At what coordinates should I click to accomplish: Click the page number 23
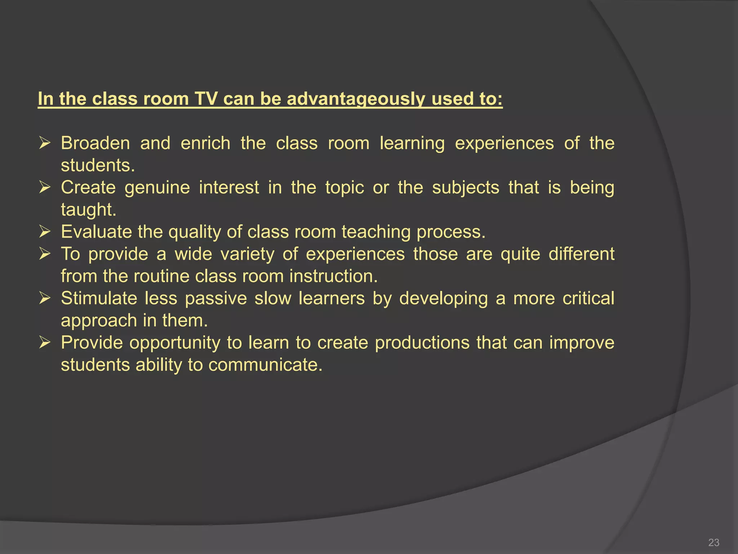click(x=713, y=542)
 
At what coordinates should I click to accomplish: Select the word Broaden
click(x=95, y=143)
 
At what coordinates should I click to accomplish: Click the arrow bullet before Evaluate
click(x=45, y=232)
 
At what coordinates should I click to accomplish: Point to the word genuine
click(x=157, y=188)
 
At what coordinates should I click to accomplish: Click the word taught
click(x=89, y=210)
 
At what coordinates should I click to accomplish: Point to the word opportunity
click(x=175, y=343)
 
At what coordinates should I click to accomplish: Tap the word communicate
click(x=265, y=365)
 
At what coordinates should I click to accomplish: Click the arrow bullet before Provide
click(x=45, y=342)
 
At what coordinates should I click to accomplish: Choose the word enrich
click(x=205, y=143)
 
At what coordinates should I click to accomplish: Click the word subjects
click(x=466, y=188)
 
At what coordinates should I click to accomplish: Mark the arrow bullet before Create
click(x=45, y=187)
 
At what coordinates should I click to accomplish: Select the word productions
click(x=422, y=343)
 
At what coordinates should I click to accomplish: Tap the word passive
click(x=216, y=299)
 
